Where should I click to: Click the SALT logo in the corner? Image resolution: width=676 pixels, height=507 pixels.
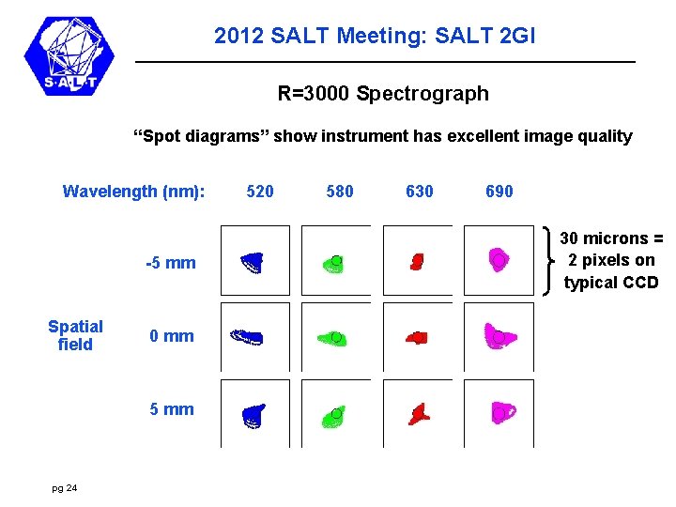[69, 55]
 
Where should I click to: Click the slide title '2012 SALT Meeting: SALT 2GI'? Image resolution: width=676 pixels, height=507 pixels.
[375, 37]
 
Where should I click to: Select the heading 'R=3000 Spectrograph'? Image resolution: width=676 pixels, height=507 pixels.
[383, 94]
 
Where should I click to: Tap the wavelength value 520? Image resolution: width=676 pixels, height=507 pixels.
[260, 192]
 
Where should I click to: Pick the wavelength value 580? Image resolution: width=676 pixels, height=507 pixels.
[340, 192]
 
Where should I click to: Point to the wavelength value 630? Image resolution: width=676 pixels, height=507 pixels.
[420, 192]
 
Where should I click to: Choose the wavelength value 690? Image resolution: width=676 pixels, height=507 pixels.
[499, 192]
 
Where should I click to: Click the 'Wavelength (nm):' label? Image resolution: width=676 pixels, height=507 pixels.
[133, 192]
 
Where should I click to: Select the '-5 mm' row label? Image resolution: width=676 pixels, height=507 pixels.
[171, 263]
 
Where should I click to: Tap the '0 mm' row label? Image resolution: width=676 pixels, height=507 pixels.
[173, 336]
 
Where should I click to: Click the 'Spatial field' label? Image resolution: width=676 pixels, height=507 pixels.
[75, 335]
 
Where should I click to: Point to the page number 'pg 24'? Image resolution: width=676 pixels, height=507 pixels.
[66, 487]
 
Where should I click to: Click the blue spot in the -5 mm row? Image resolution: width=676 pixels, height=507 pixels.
[252, 262]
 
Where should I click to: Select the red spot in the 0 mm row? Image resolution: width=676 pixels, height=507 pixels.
[417, 336]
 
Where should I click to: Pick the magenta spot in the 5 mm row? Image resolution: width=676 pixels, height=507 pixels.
[502, 410]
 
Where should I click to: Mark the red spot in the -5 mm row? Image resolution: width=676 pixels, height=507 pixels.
[417, 261]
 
